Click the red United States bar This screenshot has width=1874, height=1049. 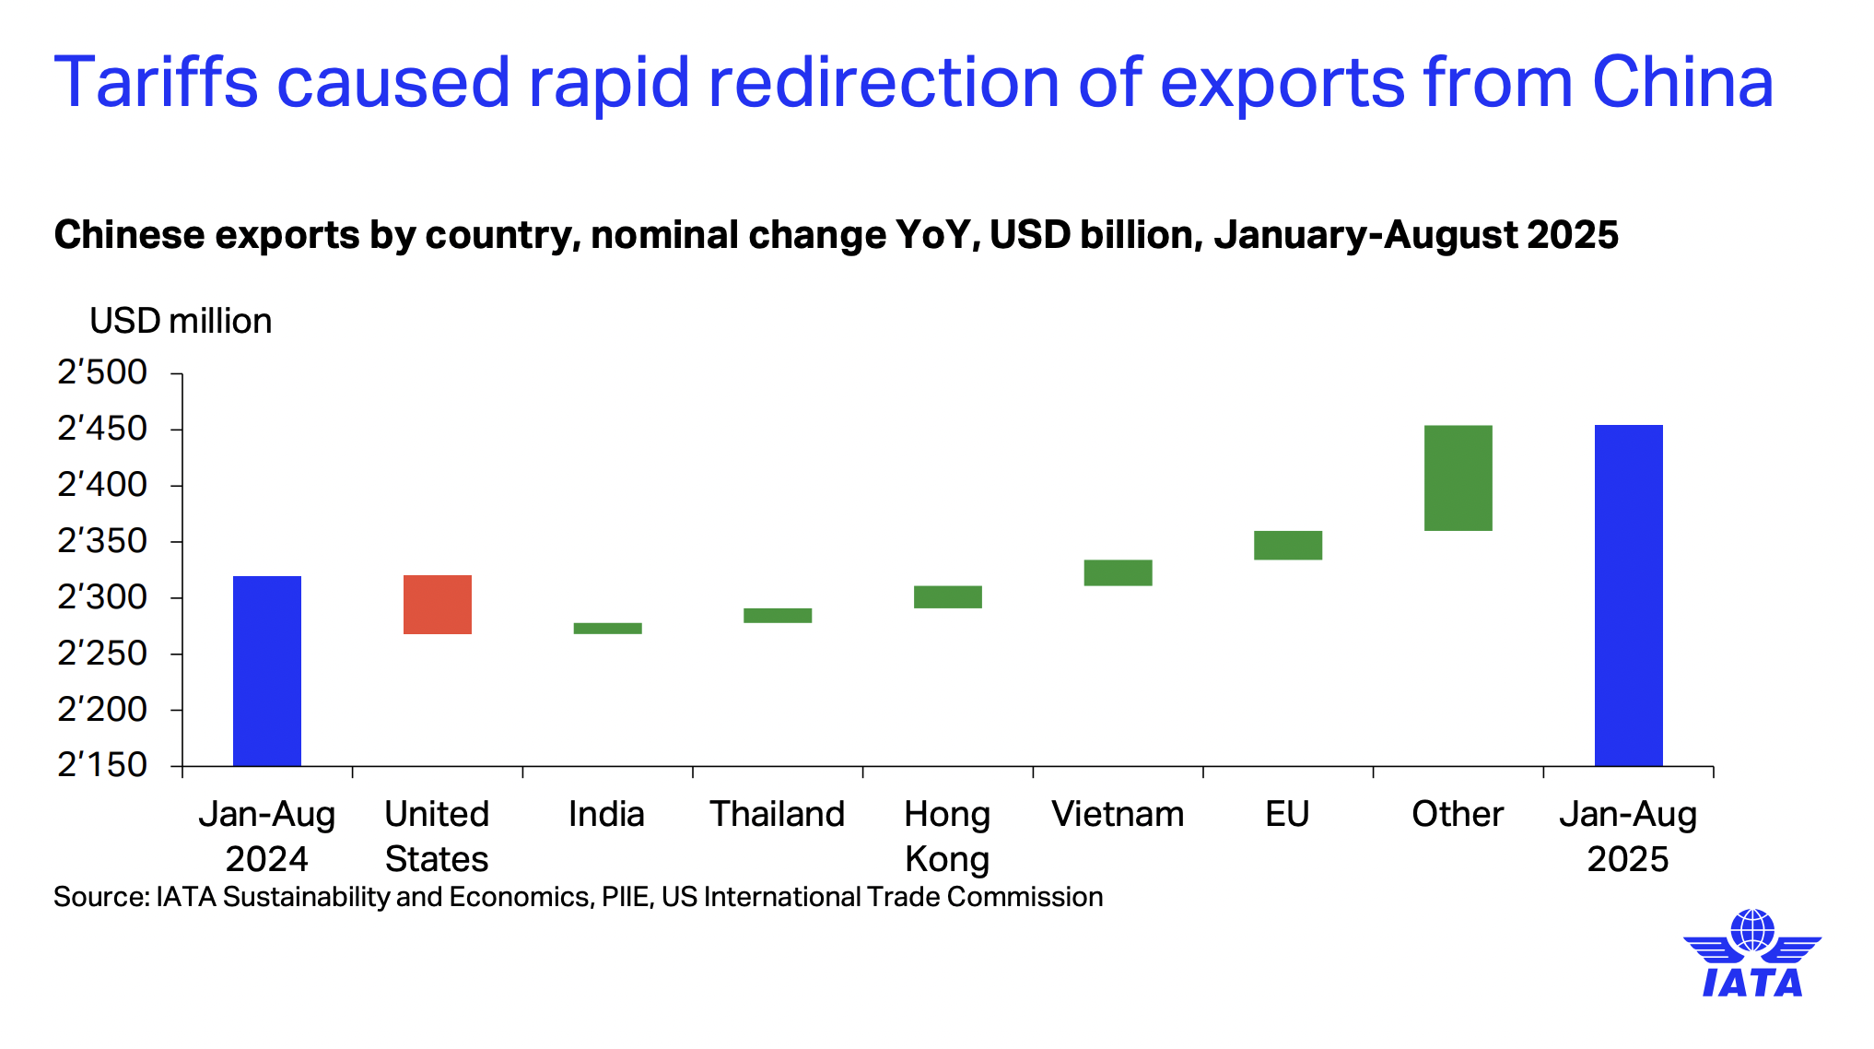point(438,605)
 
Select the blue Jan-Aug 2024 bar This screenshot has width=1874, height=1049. point(267,670)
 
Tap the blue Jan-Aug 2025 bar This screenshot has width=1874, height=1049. point(1628,595)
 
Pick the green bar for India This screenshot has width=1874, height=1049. point(607,629)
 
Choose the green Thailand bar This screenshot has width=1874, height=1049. point(778,616)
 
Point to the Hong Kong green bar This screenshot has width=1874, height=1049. point(947,597)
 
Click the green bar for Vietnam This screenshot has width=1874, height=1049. point(1118,572)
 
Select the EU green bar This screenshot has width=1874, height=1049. point(1287,546)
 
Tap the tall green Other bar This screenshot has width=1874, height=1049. point(1458,477)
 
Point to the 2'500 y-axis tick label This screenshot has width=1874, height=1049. point(102,372)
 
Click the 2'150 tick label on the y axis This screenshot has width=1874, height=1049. point(102,765)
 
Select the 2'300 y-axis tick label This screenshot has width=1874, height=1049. point(102,597)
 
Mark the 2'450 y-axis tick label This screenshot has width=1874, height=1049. point(102,429)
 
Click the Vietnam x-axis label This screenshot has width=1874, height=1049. point(1118,814)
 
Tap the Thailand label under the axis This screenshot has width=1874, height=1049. point(777,814)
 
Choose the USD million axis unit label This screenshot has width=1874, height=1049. point(181,321)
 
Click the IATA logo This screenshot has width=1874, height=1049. point(1752,954)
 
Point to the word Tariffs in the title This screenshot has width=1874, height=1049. point(156,83)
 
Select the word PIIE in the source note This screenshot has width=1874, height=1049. point(625,897)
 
